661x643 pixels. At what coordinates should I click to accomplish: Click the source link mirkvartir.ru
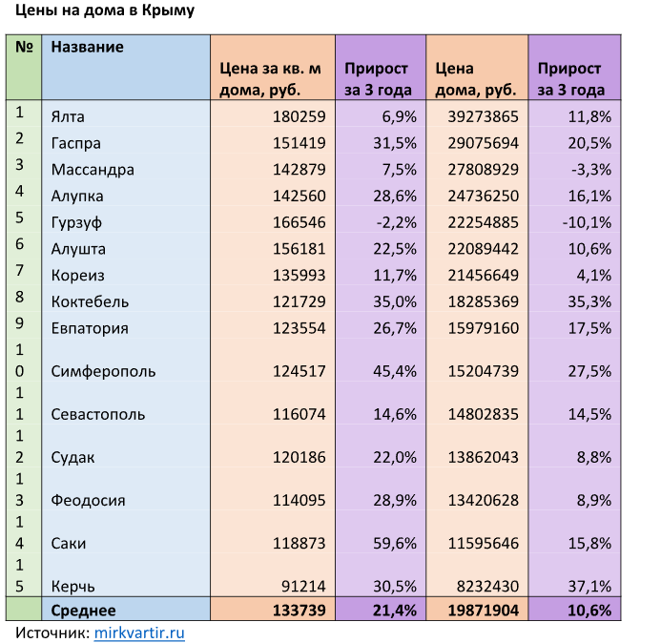(139, 632)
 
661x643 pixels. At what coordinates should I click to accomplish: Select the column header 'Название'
(88, 47)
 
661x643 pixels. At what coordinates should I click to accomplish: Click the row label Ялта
(68, 116)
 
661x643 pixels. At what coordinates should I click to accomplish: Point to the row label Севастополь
(98, 414)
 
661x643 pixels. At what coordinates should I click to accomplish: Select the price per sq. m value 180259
(300, 116)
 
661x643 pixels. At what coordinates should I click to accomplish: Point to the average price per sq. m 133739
(299, 610)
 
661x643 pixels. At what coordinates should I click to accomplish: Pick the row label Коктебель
(90, 301)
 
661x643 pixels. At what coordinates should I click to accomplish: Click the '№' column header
(24, 47)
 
